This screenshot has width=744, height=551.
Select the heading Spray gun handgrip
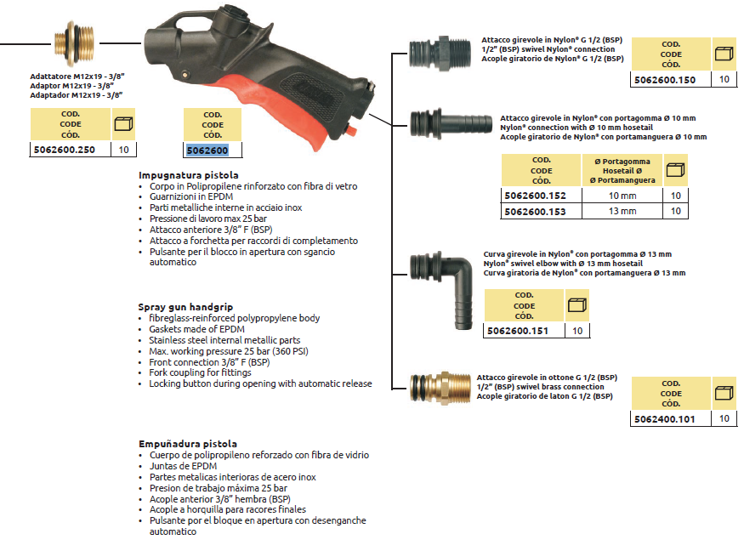point(185,307)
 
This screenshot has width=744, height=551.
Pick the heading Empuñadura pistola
point(188,444)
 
